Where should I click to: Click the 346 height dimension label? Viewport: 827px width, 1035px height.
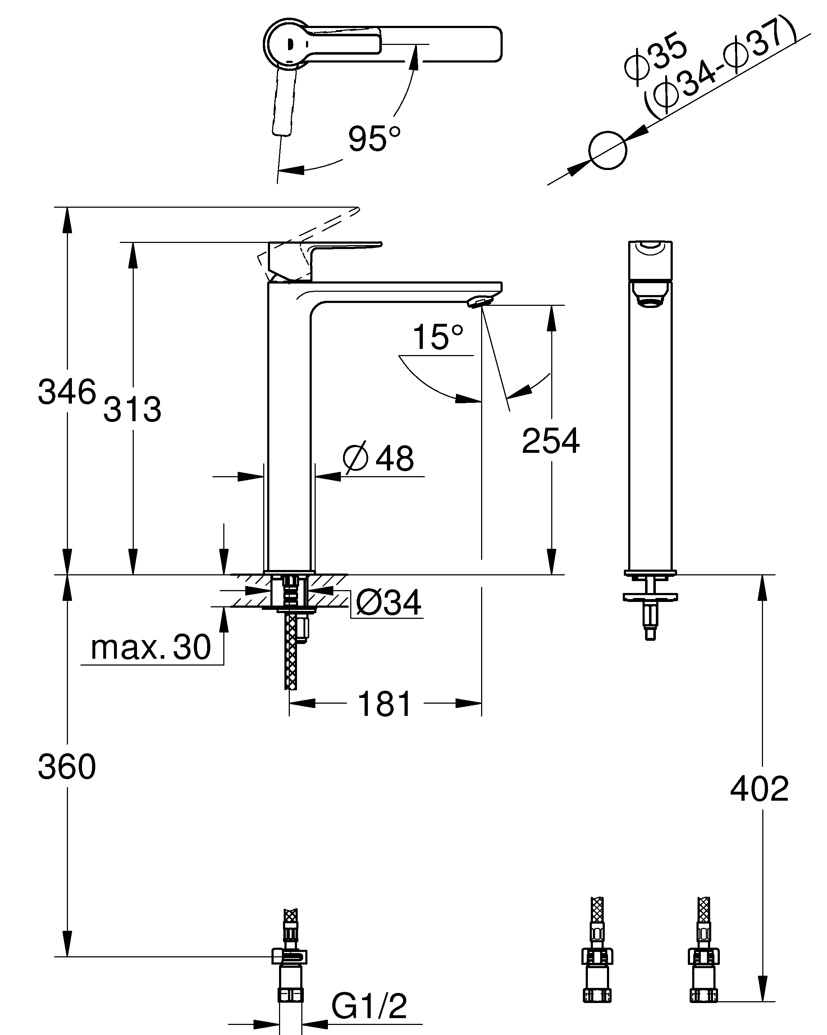(67, 392)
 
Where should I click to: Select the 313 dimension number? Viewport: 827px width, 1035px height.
(132, 409)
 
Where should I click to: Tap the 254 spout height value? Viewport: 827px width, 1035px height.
(550, 441)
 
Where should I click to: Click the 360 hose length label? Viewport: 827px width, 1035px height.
(67, 767)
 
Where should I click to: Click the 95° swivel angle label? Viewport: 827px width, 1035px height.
(374, 138)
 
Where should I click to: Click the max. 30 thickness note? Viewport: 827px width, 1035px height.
(151, 647)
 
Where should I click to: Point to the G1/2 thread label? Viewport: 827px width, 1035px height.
(369, 1006)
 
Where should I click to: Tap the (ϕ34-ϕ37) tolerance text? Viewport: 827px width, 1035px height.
(720, 70)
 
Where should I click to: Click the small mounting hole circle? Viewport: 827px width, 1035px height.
(608, 150)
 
